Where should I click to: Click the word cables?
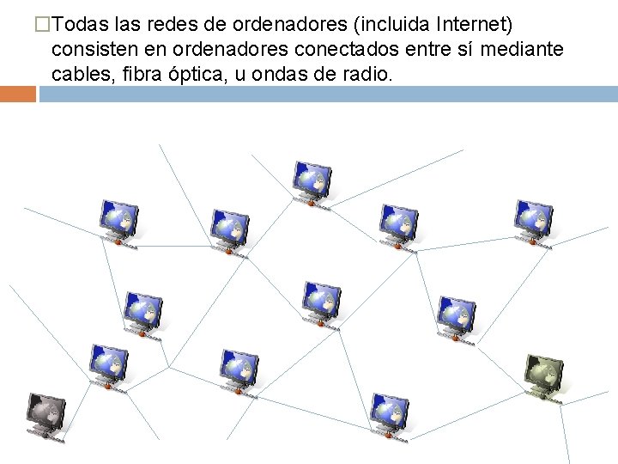tap(81, 75)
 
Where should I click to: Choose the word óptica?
tap(203, 75)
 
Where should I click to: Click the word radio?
tap(368, 75)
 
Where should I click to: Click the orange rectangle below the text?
tap(18, 94)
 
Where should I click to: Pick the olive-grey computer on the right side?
tap(543, 375)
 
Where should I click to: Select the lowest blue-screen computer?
tap(390, 414)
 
